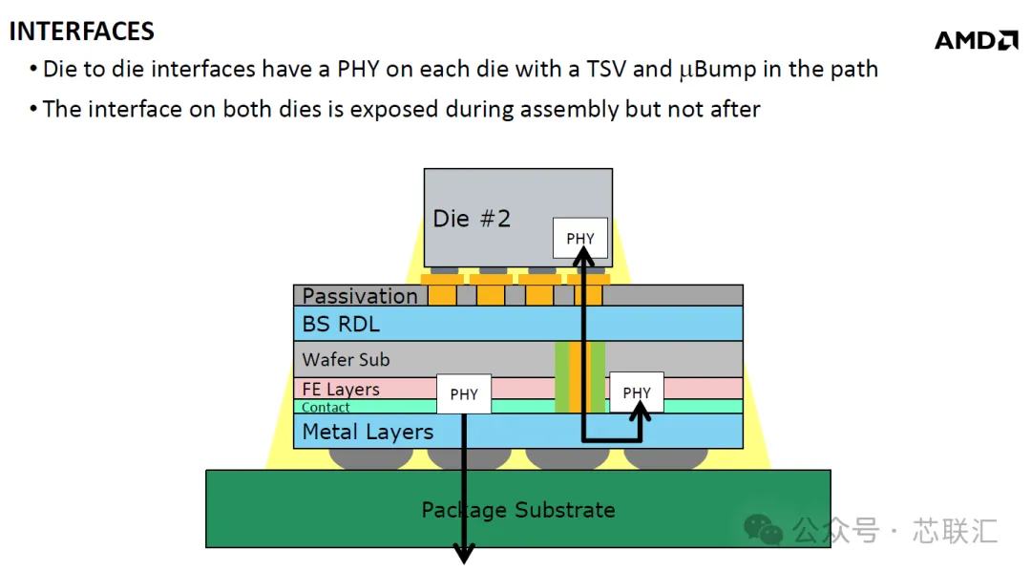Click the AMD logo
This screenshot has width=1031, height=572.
977,40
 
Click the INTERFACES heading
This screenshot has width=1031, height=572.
81,32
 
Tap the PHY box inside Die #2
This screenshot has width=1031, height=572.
580,238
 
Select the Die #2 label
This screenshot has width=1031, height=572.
472,219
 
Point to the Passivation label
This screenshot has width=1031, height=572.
360,296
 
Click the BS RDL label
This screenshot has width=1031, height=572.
341,324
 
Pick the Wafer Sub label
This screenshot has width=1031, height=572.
346,360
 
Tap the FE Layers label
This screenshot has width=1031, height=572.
341,390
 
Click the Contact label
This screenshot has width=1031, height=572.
326,407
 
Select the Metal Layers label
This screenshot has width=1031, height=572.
368,432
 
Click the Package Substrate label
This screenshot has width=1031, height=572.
518,510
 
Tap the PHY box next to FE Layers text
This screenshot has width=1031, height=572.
464,393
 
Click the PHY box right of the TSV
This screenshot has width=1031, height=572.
637,392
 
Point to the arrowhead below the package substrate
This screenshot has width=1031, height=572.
464,553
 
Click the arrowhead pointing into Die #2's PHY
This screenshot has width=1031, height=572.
583,259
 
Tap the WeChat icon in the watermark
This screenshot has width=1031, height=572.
763,529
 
